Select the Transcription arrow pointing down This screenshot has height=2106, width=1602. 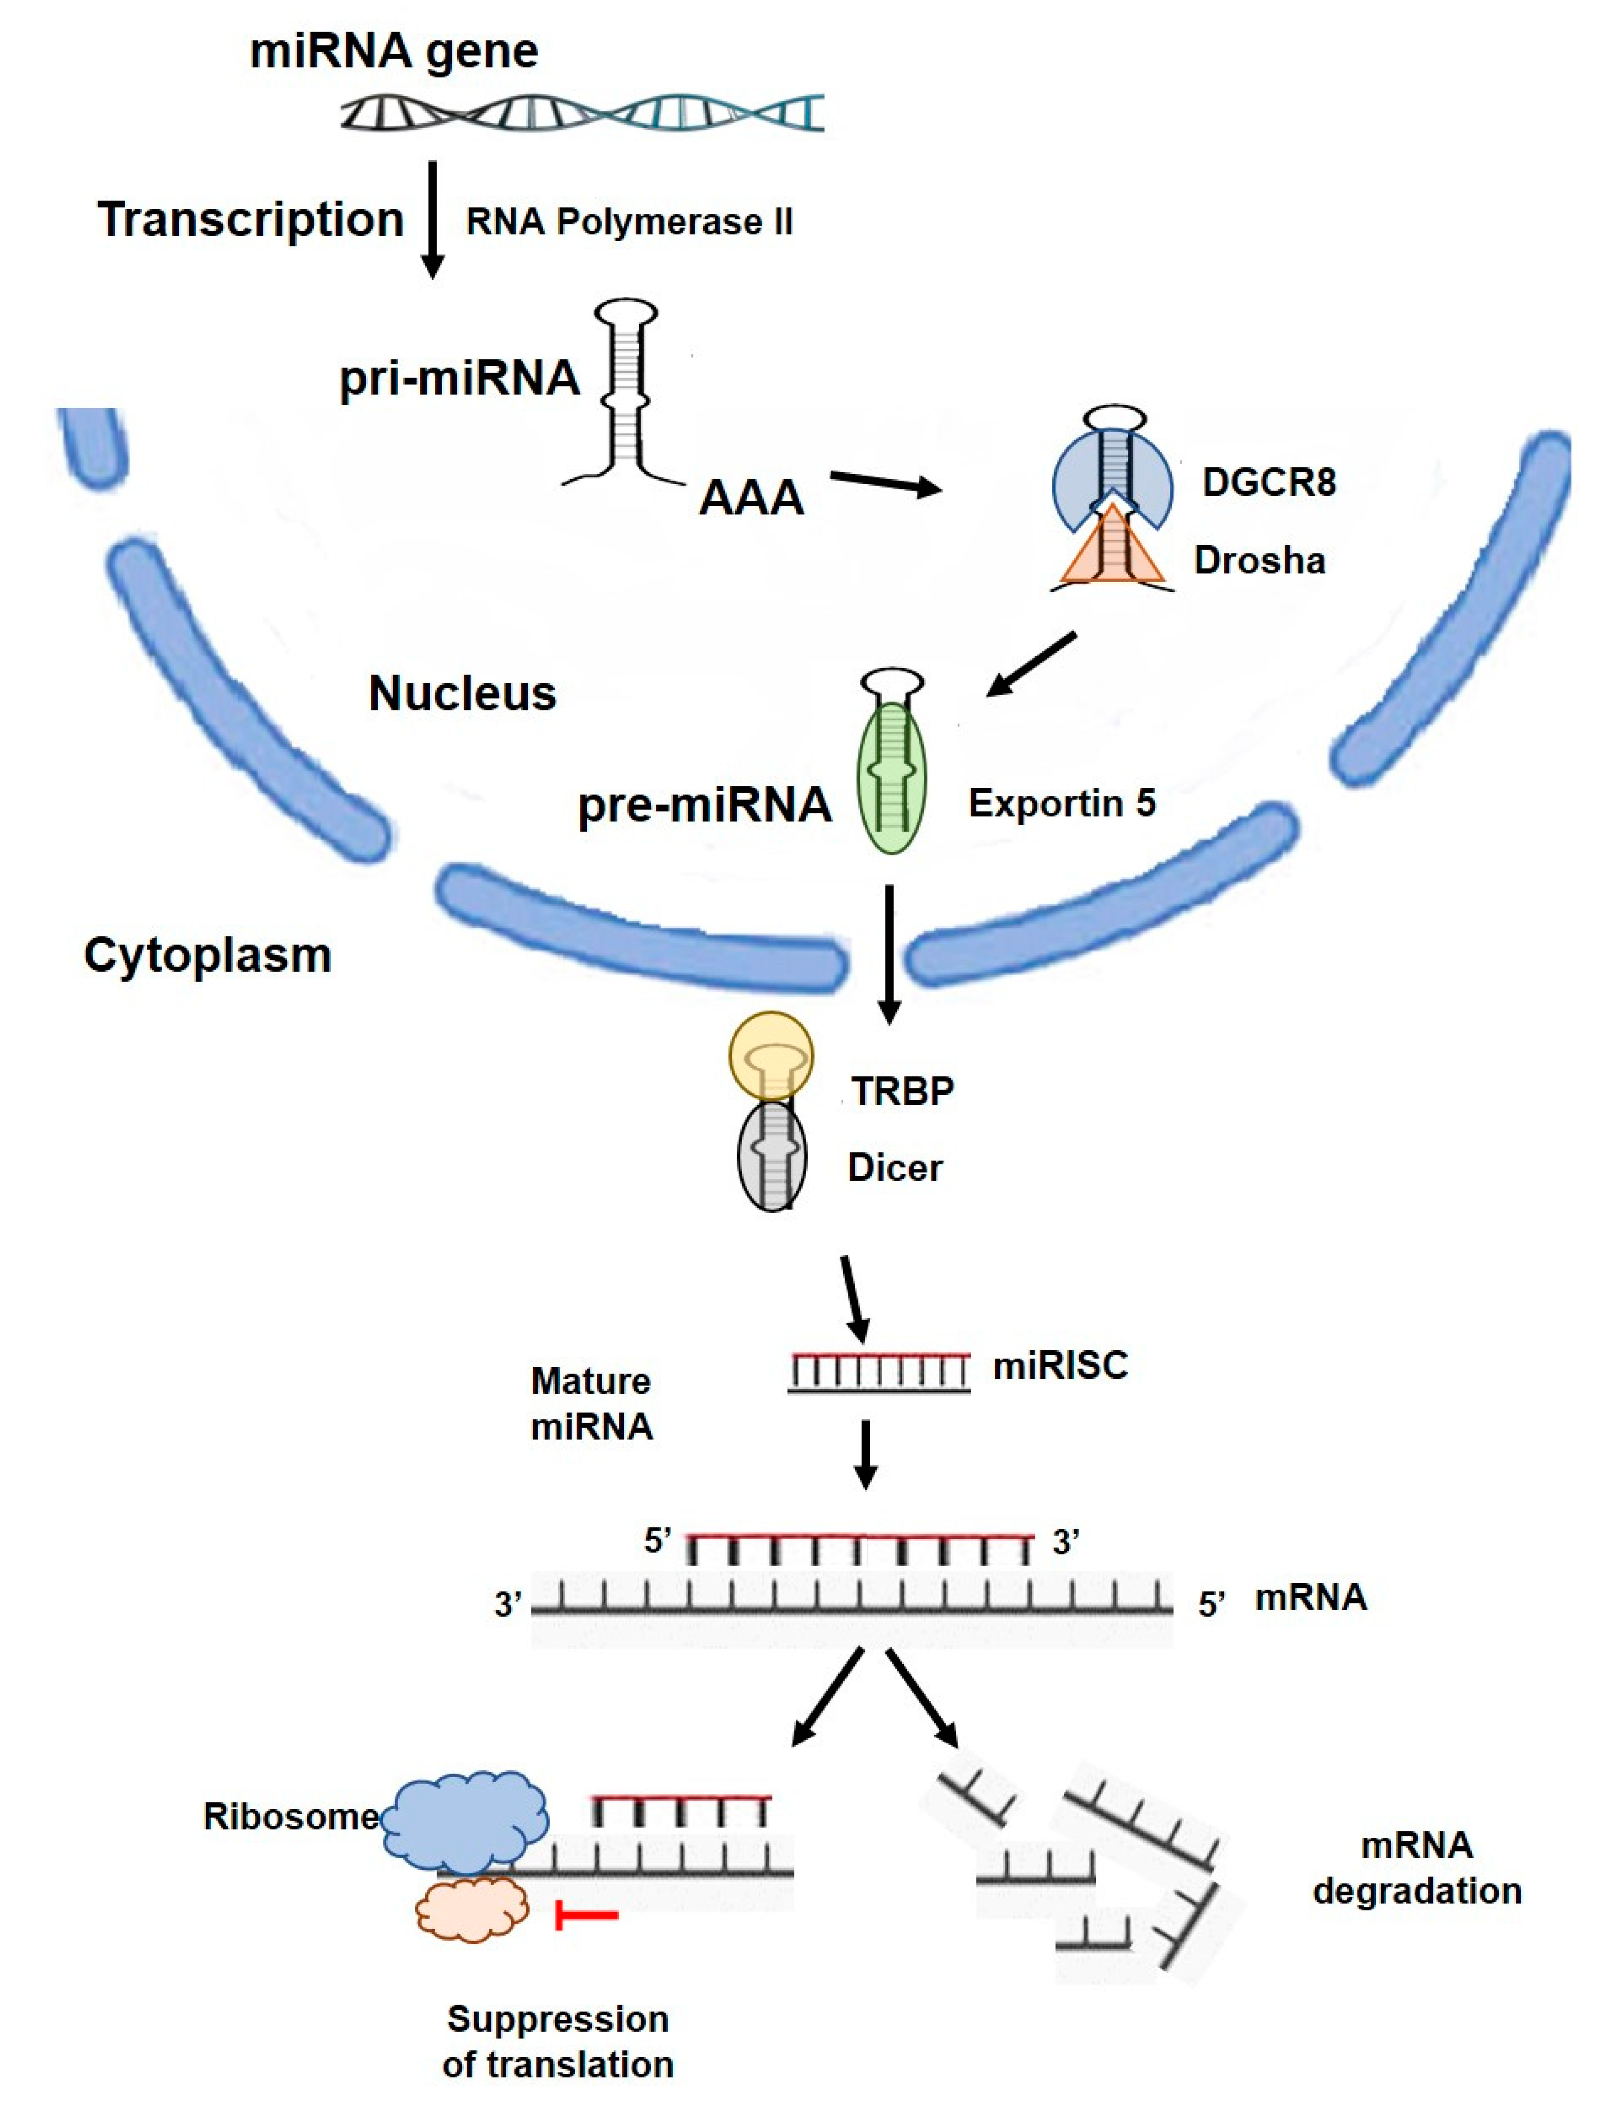(433, 219)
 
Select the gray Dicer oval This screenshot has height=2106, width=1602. (772, 1156)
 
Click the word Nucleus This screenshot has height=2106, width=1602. (463, 694)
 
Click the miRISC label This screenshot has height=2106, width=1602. (1060, 1366)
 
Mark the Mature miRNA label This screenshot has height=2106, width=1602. (591, 1404)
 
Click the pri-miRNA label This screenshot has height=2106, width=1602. (460, 378)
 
